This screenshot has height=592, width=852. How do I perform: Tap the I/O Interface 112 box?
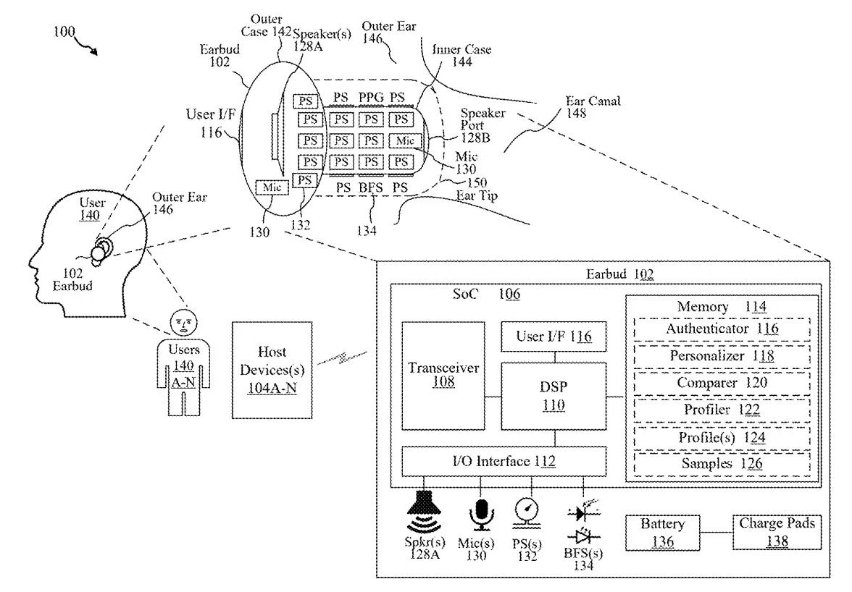[504, 460]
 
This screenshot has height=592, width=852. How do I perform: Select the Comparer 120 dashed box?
[722, 383]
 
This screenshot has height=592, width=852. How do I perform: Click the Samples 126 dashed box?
[722, 464]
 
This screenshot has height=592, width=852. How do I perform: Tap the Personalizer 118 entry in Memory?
[722, 355]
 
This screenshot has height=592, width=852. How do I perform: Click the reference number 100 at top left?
[63, 33]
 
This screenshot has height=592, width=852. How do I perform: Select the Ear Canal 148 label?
[593, 107]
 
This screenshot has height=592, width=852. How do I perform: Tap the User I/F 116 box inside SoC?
[554, 336]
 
